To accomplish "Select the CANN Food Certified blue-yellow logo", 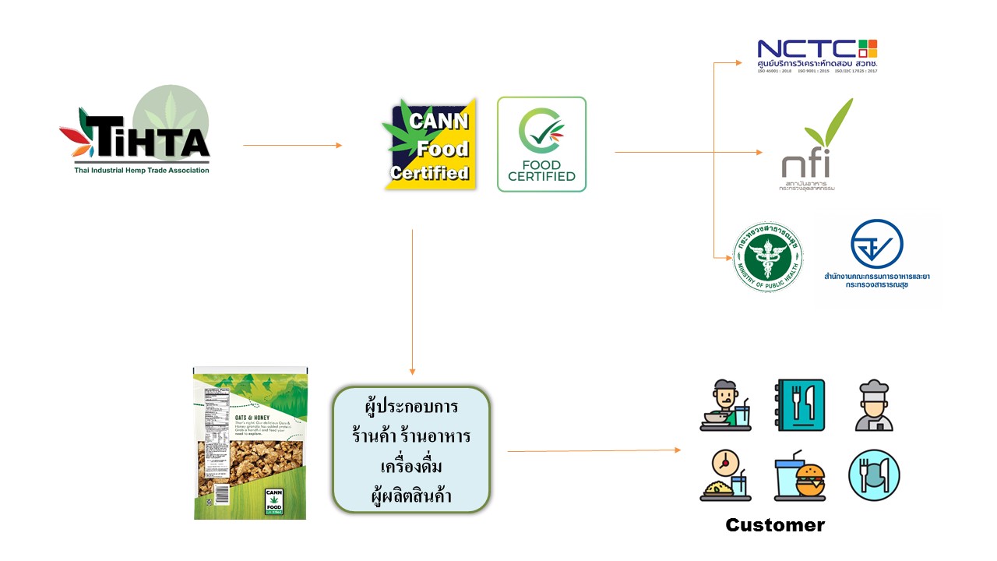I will [x=429, y=144].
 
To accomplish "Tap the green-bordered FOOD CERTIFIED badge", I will [x=542, y=144].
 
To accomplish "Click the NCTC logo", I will [x=817, y=55].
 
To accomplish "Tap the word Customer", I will [x=774, y=525].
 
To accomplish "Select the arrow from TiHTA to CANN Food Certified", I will [x=292, y=145].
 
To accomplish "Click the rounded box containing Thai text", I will [x=411, y=450].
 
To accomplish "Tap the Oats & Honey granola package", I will [x=250, y=443].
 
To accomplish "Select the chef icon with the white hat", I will [x=874, y=405].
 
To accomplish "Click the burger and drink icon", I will [x=800, y=475].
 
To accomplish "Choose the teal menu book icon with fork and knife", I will [x=800, y=405].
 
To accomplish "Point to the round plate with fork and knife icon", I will [x=874, y=475].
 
